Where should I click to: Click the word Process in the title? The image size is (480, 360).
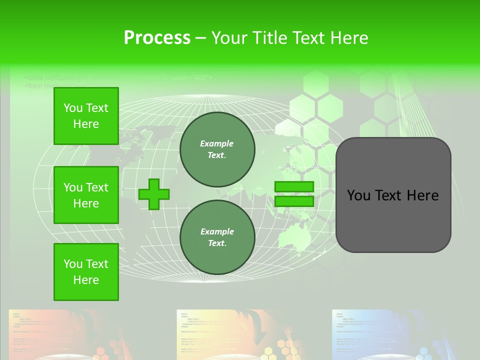157,38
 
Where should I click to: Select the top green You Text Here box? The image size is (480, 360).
86,116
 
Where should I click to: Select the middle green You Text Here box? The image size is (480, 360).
86,195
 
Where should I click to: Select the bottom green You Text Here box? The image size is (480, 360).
86,272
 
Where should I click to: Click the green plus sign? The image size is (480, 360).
154,194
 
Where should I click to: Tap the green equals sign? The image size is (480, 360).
294,194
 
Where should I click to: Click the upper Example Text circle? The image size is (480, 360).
217,149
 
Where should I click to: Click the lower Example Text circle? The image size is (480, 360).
217,237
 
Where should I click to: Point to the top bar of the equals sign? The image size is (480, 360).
294,186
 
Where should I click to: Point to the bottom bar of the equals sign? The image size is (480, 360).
294,201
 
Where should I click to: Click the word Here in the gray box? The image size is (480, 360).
423,195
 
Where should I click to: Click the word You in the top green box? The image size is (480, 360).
73,108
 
